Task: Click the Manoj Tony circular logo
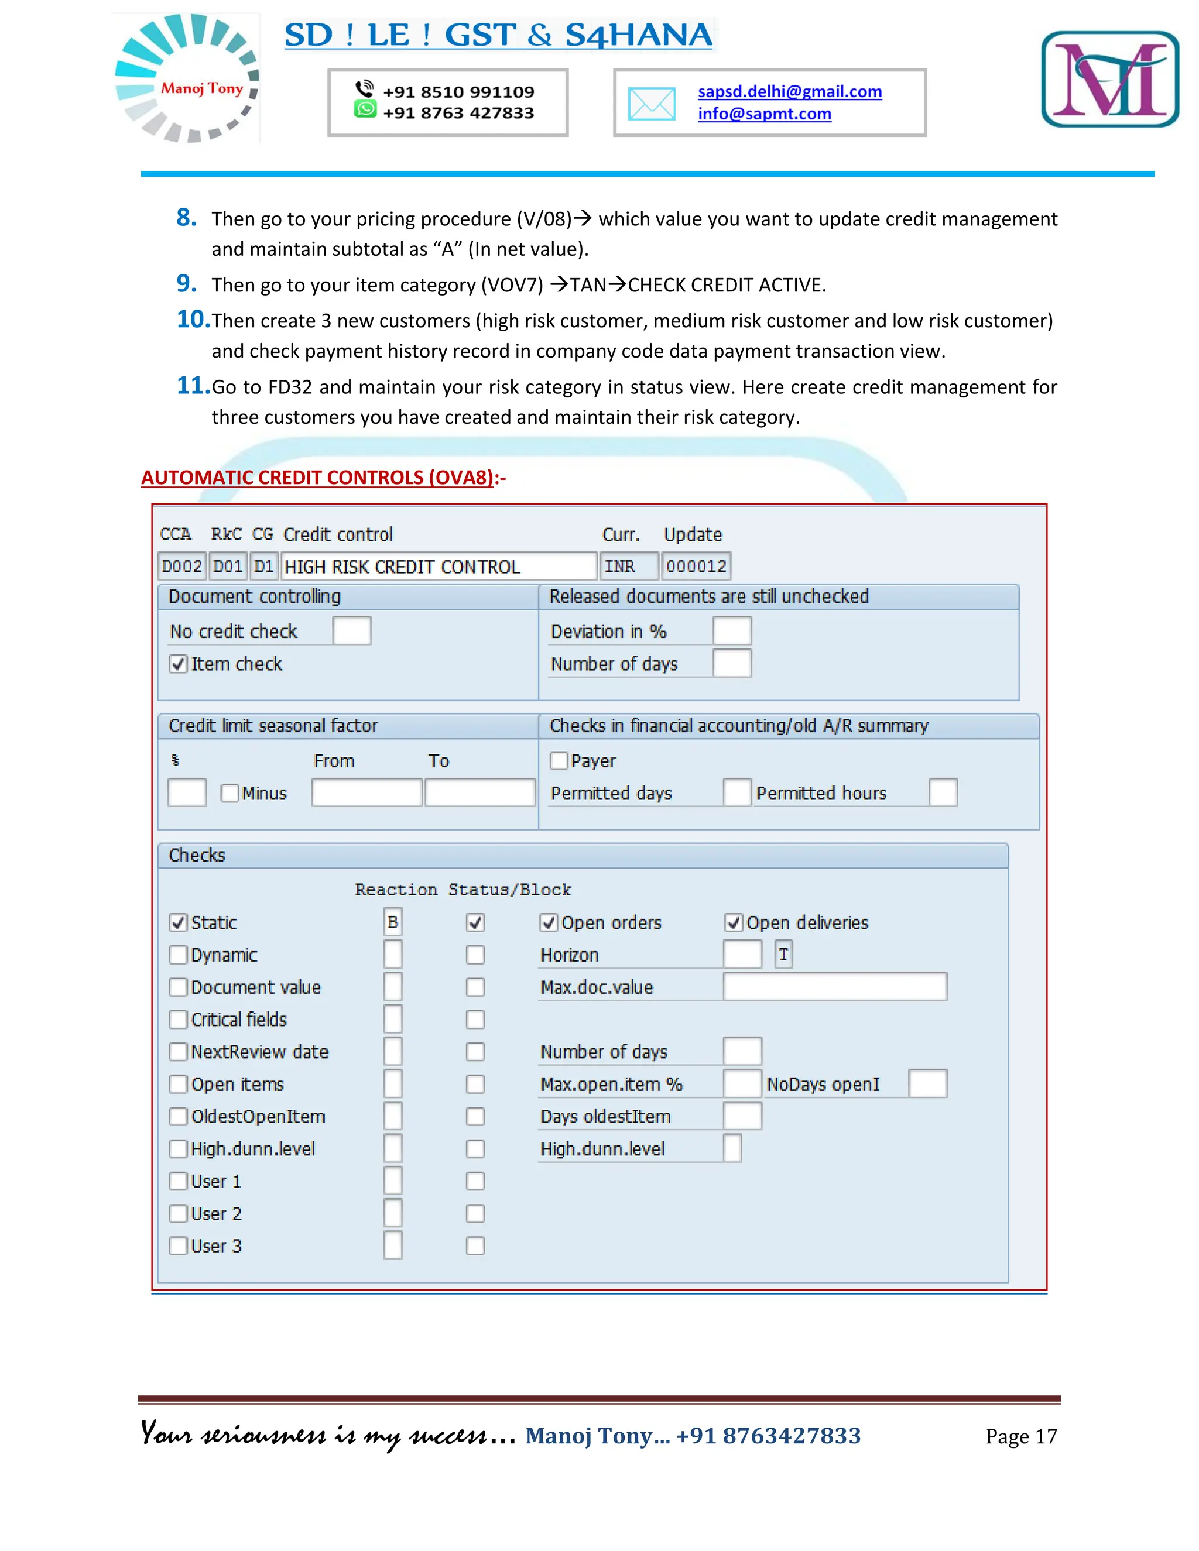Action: (x=187, y=78)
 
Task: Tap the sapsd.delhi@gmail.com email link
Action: (x=789, y=92)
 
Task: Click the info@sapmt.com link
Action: (x=763, y=114)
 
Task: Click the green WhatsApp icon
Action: (x=365, y=109)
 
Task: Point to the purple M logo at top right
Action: (x=1109, y=79)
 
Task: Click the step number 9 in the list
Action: (x=186, y=283)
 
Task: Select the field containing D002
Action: (x=182, y=566)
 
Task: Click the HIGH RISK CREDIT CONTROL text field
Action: (x=437, y=566)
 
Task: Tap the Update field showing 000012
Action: (x=696, y=566)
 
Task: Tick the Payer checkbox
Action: (x=559, y=761)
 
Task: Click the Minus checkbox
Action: (x=229, y=793)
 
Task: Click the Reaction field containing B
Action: (x=393, y=922)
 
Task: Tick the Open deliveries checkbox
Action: (x=734, y=922)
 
